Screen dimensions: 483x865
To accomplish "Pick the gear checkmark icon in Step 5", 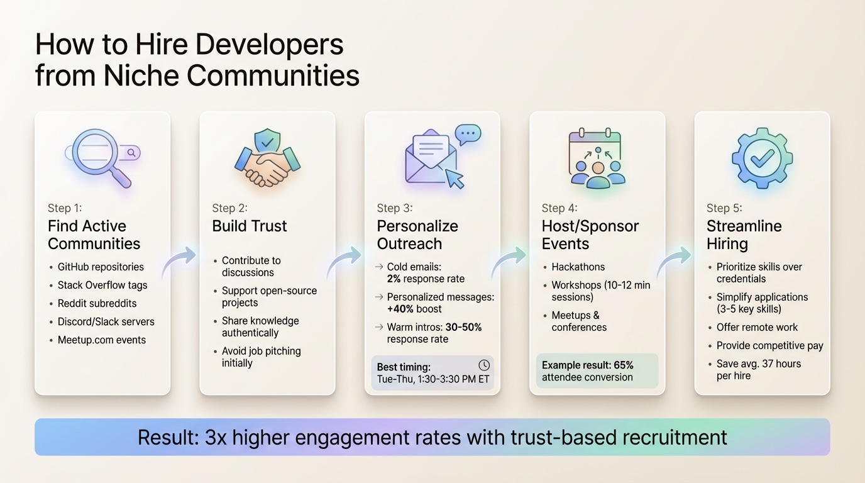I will click(762, 157).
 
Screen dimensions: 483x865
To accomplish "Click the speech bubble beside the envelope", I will click(468, 134).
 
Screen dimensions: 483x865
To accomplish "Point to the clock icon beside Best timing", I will click(483, 365).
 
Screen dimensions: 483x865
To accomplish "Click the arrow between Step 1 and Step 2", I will click(179, 261).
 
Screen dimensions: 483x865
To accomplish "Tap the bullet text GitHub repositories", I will click(101, 267).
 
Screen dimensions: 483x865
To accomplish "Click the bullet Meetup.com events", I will click(102, 340).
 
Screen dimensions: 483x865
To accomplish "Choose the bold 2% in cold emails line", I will click(394, 279).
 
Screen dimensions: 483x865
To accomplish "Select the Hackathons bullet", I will click(578, 267).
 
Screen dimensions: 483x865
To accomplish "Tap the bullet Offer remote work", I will click(757, 327).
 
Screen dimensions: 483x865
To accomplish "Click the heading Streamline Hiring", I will click(744, 235).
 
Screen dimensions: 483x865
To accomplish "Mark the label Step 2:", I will click(229, 208).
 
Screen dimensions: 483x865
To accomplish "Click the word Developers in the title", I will click(268, 45).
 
